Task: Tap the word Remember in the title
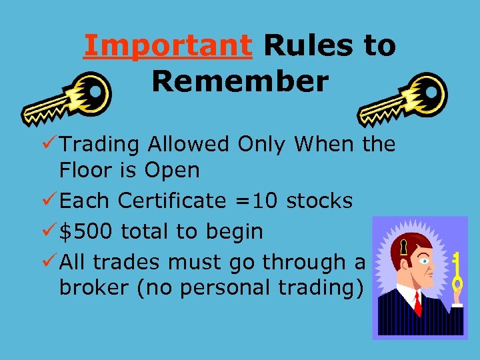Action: (240, 82)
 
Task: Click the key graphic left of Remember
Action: (67, 100)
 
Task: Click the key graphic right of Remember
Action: (403, 100)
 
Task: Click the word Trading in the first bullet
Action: (101, 144)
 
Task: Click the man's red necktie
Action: (417, 304)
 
